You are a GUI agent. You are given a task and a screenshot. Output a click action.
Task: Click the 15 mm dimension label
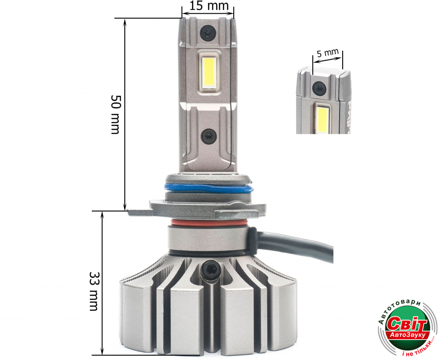tap(209, 6)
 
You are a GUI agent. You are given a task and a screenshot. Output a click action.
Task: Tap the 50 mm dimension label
tap(116, 114)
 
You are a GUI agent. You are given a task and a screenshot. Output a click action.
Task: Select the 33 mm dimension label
tap(93, 291)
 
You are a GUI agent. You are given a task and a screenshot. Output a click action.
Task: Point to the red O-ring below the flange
tap(209, 223)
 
